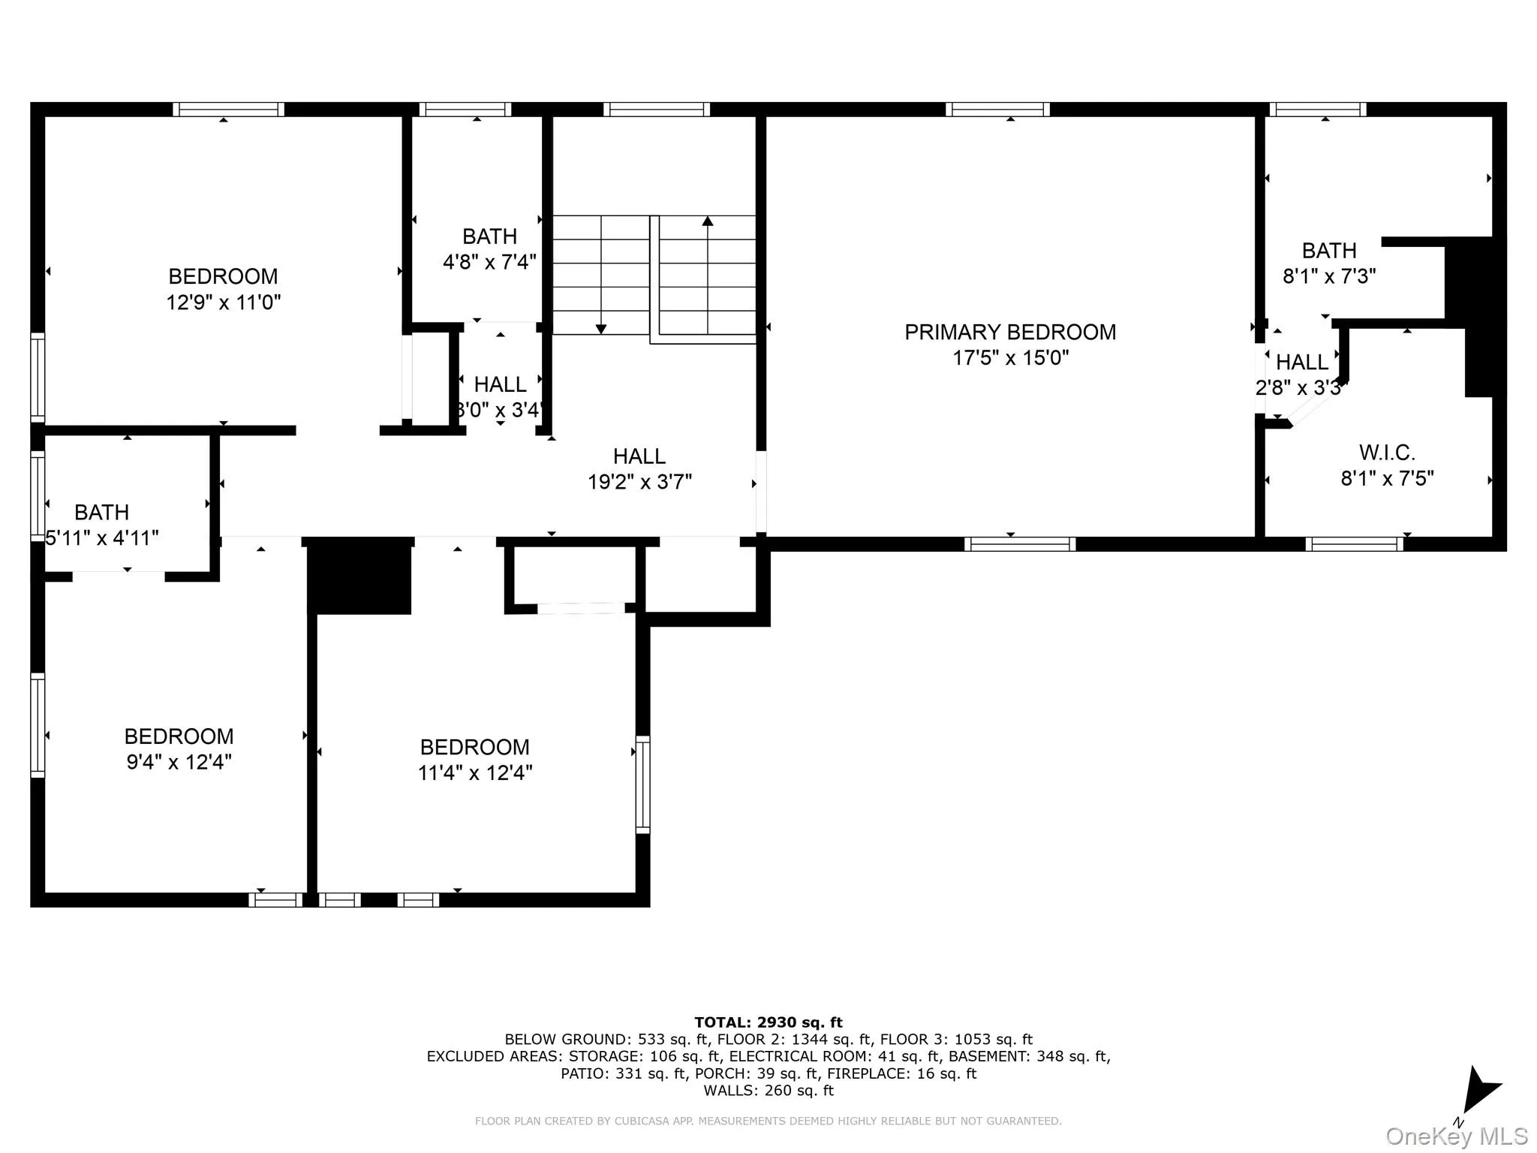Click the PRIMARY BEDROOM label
[1010, 332]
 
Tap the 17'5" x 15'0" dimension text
[1010, 358]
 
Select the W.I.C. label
[1387, 453]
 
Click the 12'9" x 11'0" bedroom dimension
[224, 303]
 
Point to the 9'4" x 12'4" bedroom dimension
[179, 762]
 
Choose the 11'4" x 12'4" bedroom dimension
[475, 772]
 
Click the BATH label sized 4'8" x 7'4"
[489, 236]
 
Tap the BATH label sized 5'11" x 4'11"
[101, 513]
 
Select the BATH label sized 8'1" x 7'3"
[1329, 251]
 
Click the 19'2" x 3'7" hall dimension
[639, 482]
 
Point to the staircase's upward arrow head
[707, 221]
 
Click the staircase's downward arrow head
[600, 329]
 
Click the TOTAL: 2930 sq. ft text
[768, 1022]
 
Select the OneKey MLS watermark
[1456, 1136]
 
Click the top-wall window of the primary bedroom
[997, 110]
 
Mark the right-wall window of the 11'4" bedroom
[642, 784]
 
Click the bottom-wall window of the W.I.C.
[1354, 544]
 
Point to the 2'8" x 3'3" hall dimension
[1301, 388]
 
